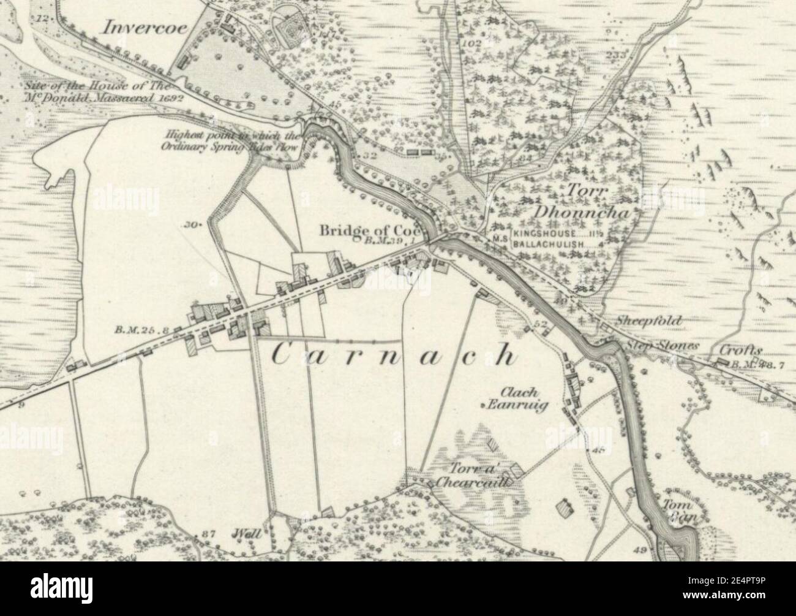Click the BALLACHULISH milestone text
click(x=546, y=243)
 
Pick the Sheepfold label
click(x=640, y=320)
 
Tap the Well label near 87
click(x=247, y=534)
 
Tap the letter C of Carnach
click(x=282, y=356)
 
